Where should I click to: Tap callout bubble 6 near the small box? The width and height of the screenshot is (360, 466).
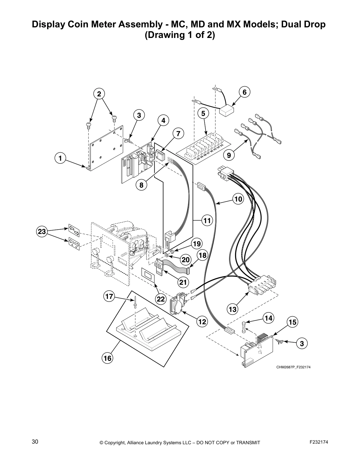[245, 92]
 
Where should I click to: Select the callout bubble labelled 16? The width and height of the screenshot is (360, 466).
[107, 358]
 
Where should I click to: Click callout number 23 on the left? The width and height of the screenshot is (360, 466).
[42, 232]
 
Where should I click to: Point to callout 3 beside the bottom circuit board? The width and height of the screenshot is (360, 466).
[302, 343]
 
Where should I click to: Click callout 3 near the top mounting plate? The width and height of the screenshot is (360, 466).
[139, 115]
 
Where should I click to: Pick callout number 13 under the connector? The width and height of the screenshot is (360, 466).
[232, 309]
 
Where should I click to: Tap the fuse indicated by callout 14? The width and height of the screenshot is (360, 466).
[243, 327]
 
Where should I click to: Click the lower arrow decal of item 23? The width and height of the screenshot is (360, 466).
[74, 243]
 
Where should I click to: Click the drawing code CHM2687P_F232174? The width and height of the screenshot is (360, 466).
[293, 367]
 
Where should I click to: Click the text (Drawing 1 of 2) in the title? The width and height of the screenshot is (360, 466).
[180, 35]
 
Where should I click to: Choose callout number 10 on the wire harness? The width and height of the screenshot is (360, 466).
[238, 199]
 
